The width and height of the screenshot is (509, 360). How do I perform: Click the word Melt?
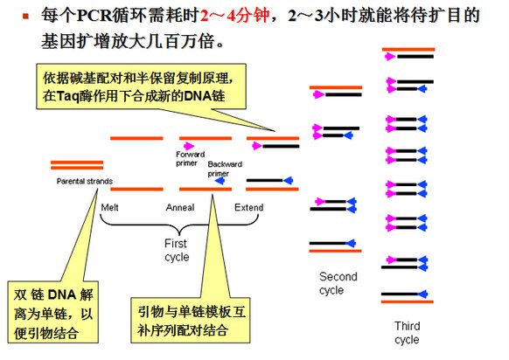click(x=109, y=207)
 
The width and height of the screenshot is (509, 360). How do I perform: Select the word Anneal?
click(x=179, y=207)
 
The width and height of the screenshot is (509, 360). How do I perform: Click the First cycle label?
click(x=176, y=251)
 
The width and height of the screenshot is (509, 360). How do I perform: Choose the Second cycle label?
click(x=338, y=283)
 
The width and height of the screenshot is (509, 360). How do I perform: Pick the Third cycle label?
click(x=407, y=333)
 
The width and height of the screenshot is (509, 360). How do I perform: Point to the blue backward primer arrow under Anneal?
click(x=218, y=180)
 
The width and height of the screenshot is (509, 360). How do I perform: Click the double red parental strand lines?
click(x=77, y=166)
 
